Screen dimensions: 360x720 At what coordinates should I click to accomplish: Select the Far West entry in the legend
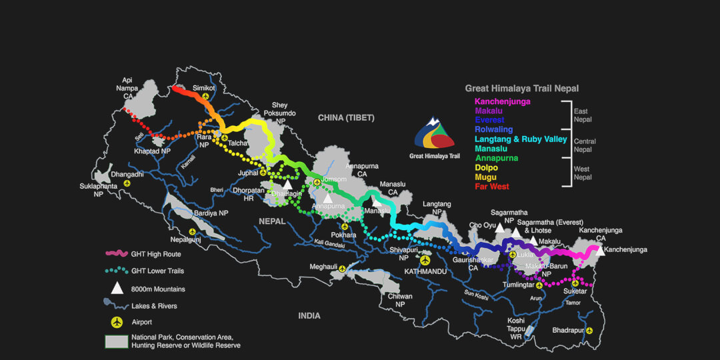[x=491, y=187]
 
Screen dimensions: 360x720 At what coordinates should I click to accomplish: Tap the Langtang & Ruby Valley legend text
[x=521, y=139]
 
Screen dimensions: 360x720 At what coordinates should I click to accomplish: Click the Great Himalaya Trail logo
[x=434, y=135]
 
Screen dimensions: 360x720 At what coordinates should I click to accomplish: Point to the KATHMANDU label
[x=425, y=271]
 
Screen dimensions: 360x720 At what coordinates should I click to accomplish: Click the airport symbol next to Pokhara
[x=345, y=226]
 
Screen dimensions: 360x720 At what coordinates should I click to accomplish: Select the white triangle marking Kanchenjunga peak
[x=600, y=251]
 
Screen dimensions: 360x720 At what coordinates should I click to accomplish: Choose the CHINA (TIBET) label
[x=346, y=118]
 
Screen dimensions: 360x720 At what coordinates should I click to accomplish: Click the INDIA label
[x=309, y=315]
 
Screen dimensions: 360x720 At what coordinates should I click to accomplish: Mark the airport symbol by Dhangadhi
[x=126, y=182]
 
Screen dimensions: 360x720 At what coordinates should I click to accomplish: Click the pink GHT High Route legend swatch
[x=117, y=254]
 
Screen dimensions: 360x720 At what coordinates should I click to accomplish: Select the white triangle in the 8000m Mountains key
[x=117, y=288]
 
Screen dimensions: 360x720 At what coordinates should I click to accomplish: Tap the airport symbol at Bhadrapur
[x=589, y=330]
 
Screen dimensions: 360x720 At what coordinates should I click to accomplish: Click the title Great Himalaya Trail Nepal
[x=521, y=88]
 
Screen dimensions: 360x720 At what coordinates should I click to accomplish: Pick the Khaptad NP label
[x=153, y=151]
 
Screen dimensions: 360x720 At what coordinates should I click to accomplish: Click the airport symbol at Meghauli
[x=343, y=269]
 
